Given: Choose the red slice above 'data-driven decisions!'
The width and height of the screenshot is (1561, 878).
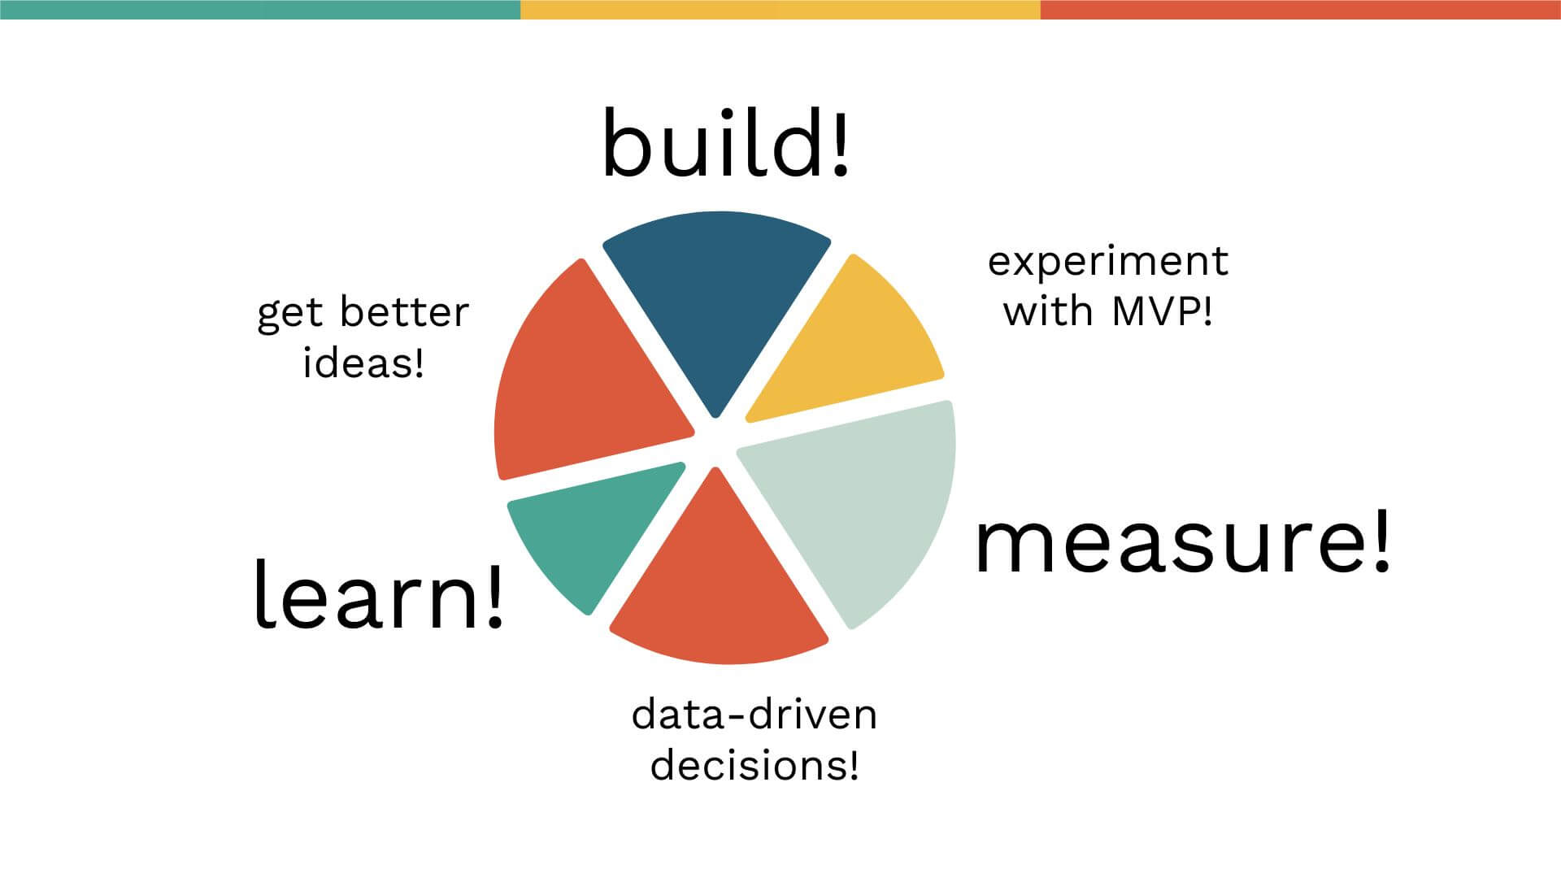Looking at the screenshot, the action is coord(720,585).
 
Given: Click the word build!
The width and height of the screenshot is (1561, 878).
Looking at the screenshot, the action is coord(725,144).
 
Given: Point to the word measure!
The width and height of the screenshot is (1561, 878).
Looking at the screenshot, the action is coord(1183,543).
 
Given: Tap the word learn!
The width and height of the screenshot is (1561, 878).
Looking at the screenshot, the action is coord(379,593).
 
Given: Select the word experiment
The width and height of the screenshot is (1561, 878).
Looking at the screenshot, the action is coord(1108,261).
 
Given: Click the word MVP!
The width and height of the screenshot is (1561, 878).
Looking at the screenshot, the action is coord(1163,311).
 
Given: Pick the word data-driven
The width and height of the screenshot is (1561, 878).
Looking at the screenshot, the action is coord(754,715).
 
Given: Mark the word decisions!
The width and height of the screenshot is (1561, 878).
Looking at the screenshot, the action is coord(754,765).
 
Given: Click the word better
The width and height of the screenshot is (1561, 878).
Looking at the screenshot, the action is coord(404,312).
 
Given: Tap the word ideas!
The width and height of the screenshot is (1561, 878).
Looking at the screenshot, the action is coord(363,362).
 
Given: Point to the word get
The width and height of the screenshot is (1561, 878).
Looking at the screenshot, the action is coord(290,315).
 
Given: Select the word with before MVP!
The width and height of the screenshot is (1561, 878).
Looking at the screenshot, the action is coord(1049,311).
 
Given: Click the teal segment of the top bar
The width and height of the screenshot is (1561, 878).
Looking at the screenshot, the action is coord(260,10).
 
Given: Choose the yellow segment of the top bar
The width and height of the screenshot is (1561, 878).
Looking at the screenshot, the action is coord(780,10).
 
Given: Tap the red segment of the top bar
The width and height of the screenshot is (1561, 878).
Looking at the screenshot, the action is coord(1301,10).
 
